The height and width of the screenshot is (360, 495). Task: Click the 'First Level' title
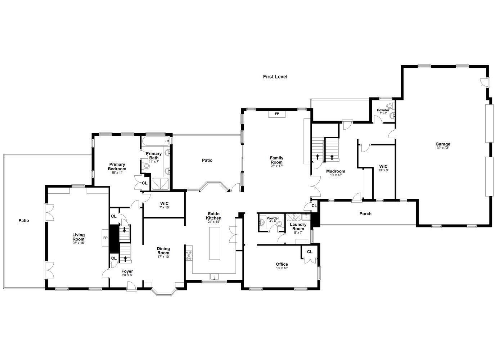275,77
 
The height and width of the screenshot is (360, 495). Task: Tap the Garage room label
443,144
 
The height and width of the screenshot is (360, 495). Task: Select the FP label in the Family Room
277,114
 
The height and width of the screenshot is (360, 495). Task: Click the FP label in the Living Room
105,238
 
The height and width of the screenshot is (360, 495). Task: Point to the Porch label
365,214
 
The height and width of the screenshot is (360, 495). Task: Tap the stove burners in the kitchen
189,255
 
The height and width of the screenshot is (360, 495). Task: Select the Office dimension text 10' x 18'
282,269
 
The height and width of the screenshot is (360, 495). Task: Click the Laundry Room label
298,226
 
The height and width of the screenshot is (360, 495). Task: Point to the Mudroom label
336,171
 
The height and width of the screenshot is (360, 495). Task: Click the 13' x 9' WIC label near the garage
383,168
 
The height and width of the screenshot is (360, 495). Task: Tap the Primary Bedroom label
117,167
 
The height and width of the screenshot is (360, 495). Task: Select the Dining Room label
163,251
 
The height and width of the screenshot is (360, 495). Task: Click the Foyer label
127,271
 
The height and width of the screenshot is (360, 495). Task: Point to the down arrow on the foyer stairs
125,229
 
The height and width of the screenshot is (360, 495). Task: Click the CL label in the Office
310,252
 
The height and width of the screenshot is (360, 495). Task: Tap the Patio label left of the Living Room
24,221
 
